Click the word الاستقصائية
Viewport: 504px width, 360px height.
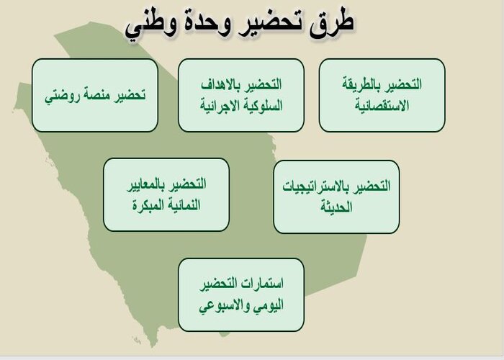(x=382, y=105)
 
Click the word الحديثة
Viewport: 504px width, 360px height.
(x=337, y=207)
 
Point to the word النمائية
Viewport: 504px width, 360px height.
(x=181, y=204)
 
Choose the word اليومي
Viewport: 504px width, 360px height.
(x=269, y=305)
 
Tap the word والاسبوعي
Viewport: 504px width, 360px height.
(x=224, y=305)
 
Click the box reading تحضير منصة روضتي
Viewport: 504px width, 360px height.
(x=95, y=95)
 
